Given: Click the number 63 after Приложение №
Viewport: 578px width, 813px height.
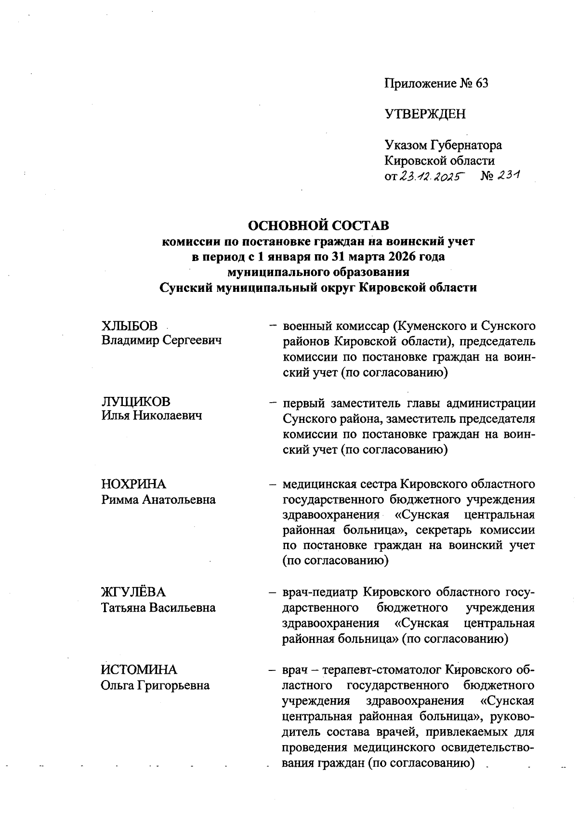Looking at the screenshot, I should (x=481, y=83).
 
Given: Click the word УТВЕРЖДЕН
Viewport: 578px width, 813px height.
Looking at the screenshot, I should (x=425, y=114).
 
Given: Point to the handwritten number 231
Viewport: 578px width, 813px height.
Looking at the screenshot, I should (x=509, y=176).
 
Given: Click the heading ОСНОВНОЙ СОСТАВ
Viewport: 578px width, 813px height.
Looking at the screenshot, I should (x=318, y=225).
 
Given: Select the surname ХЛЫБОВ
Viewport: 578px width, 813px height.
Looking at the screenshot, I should (x=129, y=326).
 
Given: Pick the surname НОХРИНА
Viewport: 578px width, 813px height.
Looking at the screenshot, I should (x=133, y=484).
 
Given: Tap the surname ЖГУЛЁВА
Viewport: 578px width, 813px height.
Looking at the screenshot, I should (x=133, y=592).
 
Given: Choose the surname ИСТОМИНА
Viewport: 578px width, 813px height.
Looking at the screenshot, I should (x=139, y=670).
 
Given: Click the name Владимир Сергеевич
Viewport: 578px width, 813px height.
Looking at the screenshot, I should (x=161, y=341).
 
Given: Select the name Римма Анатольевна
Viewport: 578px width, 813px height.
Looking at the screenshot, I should (x=158, y=499).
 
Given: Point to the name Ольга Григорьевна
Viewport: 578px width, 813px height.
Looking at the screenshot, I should (x=155, y=685).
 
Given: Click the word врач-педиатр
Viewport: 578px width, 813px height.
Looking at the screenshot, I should (x=318, y=592).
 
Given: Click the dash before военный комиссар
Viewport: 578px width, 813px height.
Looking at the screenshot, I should (x=273, y=326).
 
